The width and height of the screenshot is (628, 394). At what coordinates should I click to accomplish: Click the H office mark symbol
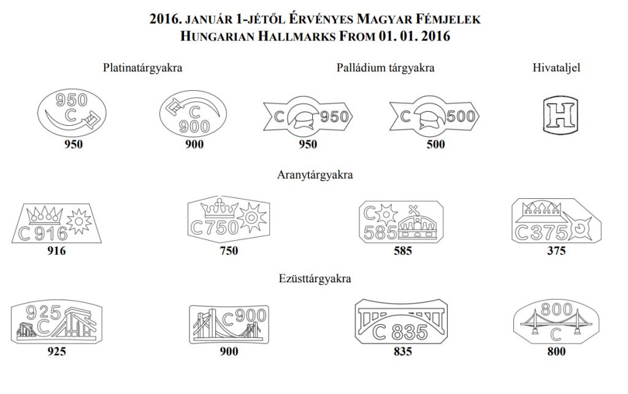point(561,114)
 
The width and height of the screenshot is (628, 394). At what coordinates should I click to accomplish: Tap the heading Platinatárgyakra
point(142,68)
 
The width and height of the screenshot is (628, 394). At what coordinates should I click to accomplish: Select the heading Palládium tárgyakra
point(385,68)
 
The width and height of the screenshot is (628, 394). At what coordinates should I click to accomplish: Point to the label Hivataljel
point(556,68)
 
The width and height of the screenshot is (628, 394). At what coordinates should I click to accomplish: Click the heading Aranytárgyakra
point(315,175)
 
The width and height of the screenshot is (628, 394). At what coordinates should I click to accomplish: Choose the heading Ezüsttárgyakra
point(315,278)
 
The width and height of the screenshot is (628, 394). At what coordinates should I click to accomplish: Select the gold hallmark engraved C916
point(56,223)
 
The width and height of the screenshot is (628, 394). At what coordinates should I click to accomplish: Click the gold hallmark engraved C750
point(229,219)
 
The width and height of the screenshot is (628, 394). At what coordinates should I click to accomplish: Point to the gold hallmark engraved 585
point(401,222)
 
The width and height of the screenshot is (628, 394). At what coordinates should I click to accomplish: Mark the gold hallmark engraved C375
point(556,220)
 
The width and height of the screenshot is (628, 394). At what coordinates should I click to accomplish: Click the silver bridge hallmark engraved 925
point(56,322)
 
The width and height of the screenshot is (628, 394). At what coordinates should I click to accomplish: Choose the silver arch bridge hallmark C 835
point(401,321)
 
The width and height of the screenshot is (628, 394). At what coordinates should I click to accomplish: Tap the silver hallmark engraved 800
point(556,321)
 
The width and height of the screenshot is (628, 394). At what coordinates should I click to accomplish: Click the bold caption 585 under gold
point(402,251)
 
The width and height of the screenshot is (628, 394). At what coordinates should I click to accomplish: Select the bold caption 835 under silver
point(402,352)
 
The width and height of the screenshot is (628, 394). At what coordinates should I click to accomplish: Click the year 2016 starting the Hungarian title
point(163,19)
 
